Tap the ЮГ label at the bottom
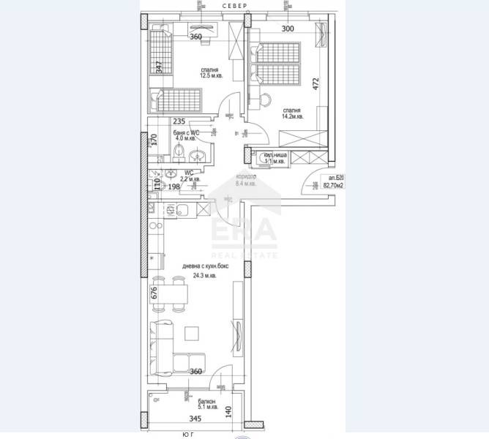pos(187,435)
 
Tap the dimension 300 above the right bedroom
pos(287,29)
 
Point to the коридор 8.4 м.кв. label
pos(244,181)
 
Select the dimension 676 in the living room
pos(154,294)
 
